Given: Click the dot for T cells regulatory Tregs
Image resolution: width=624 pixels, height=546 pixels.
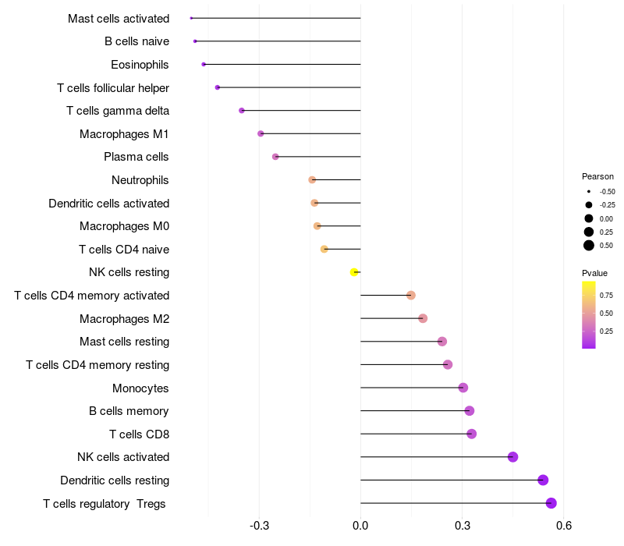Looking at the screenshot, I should (551, 503).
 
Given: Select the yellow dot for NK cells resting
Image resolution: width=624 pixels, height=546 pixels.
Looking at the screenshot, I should (354, 272).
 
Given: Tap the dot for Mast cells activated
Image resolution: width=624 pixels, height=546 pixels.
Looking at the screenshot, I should (191, 18).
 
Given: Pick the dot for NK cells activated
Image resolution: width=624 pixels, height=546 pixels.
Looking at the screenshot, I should (512, 457).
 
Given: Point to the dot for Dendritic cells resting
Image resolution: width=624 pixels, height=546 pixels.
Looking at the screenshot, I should (543, 480).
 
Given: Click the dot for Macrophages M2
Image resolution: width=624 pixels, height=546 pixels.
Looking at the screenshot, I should (423, 318).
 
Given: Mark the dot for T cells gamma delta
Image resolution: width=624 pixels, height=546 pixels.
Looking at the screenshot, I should (242, 111).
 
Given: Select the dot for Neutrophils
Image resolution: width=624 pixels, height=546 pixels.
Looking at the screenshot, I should (312, 180).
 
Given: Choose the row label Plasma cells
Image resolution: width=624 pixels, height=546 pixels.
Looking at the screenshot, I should (136, 157).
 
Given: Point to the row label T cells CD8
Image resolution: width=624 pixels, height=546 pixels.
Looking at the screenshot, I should (139, 434).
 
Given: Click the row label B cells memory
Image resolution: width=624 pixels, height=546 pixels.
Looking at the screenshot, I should (129, 411).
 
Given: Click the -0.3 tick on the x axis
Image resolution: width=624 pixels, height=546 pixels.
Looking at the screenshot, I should (259, 526).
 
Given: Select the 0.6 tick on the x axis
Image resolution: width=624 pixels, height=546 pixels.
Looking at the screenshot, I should (564, 526).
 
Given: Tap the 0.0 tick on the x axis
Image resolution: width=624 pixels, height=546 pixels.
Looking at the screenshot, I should (360, 526).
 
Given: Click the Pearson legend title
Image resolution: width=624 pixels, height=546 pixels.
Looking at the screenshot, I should (597, 176).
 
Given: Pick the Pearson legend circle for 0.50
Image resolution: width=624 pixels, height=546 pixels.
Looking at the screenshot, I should (589, 246).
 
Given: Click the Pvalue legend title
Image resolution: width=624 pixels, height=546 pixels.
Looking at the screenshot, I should (594, 273).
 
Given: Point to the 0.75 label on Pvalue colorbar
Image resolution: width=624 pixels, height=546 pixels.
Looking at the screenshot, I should (606, 295).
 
